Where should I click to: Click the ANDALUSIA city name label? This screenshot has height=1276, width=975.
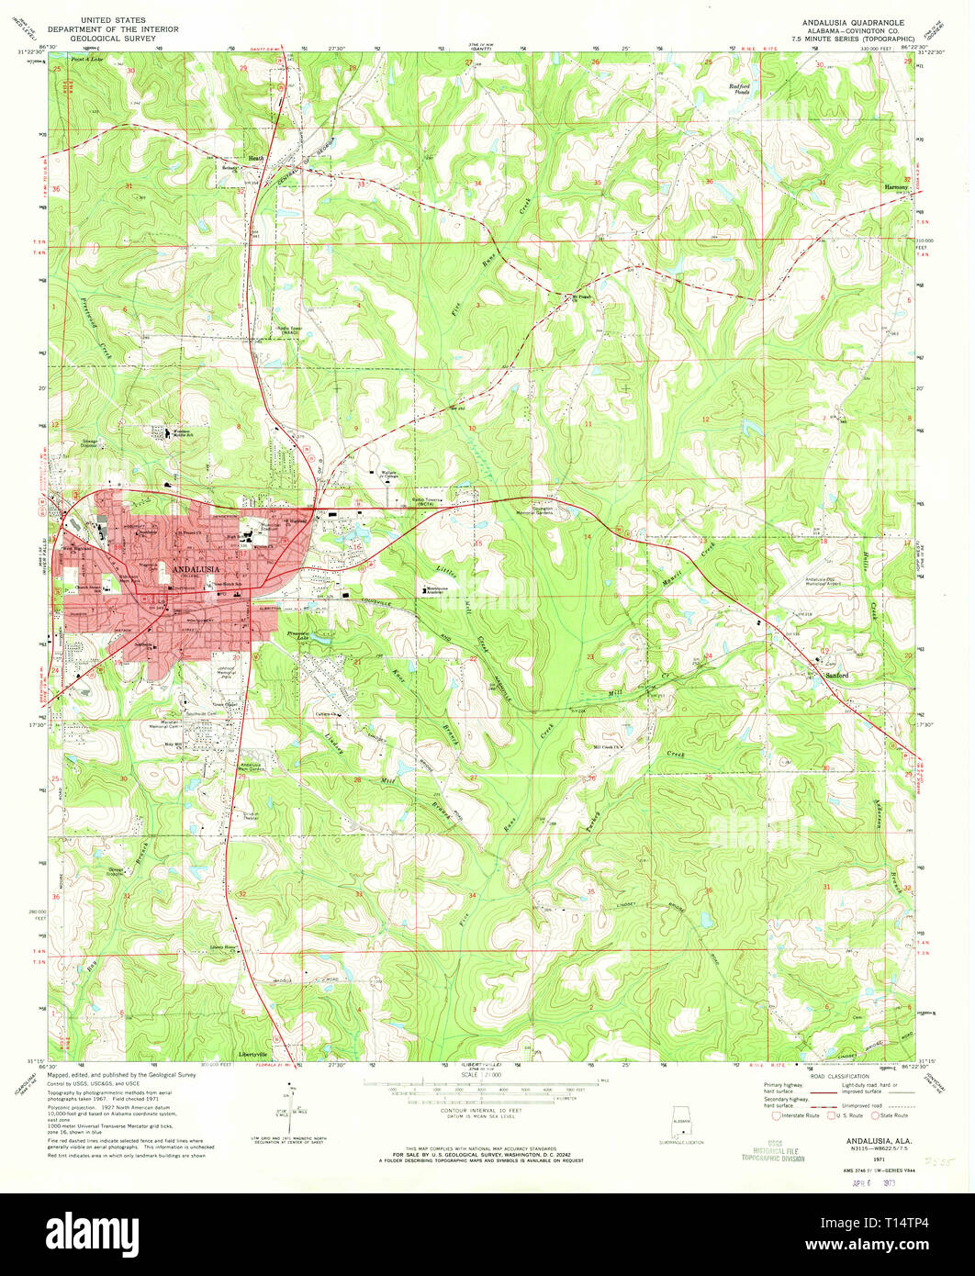195,570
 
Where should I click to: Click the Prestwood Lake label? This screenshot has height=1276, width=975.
300,634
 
